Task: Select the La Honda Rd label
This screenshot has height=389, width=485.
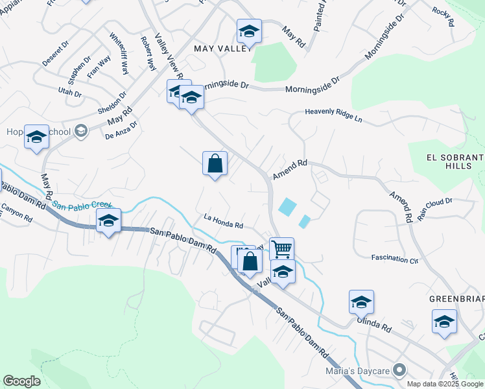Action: [x=223, y=222]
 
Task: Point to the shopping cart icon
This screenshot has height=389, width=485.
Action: [x=281, y=249]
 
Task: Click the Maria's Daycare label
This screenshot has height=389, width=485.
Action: [x=357, y=370]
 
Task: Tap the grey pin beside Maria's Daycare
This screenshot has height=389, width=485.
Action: [x=400, y=370]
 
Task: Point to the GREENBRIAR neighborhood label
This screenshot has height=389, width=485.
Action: [x=456, y=299]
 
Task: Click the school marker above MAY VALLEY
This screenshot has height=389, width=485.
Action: [x=249, y=30]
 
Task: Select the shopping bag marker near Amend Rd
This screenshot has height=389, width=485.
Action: [x=215, y=164]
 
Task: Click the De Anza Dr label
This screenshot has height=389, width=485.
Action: [x=121, y=130]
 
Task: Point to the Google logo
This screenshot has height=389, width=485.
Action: [x=21, y=381]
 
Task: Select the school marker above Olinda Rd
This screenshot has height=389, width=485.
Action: [x=361, y=301]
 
